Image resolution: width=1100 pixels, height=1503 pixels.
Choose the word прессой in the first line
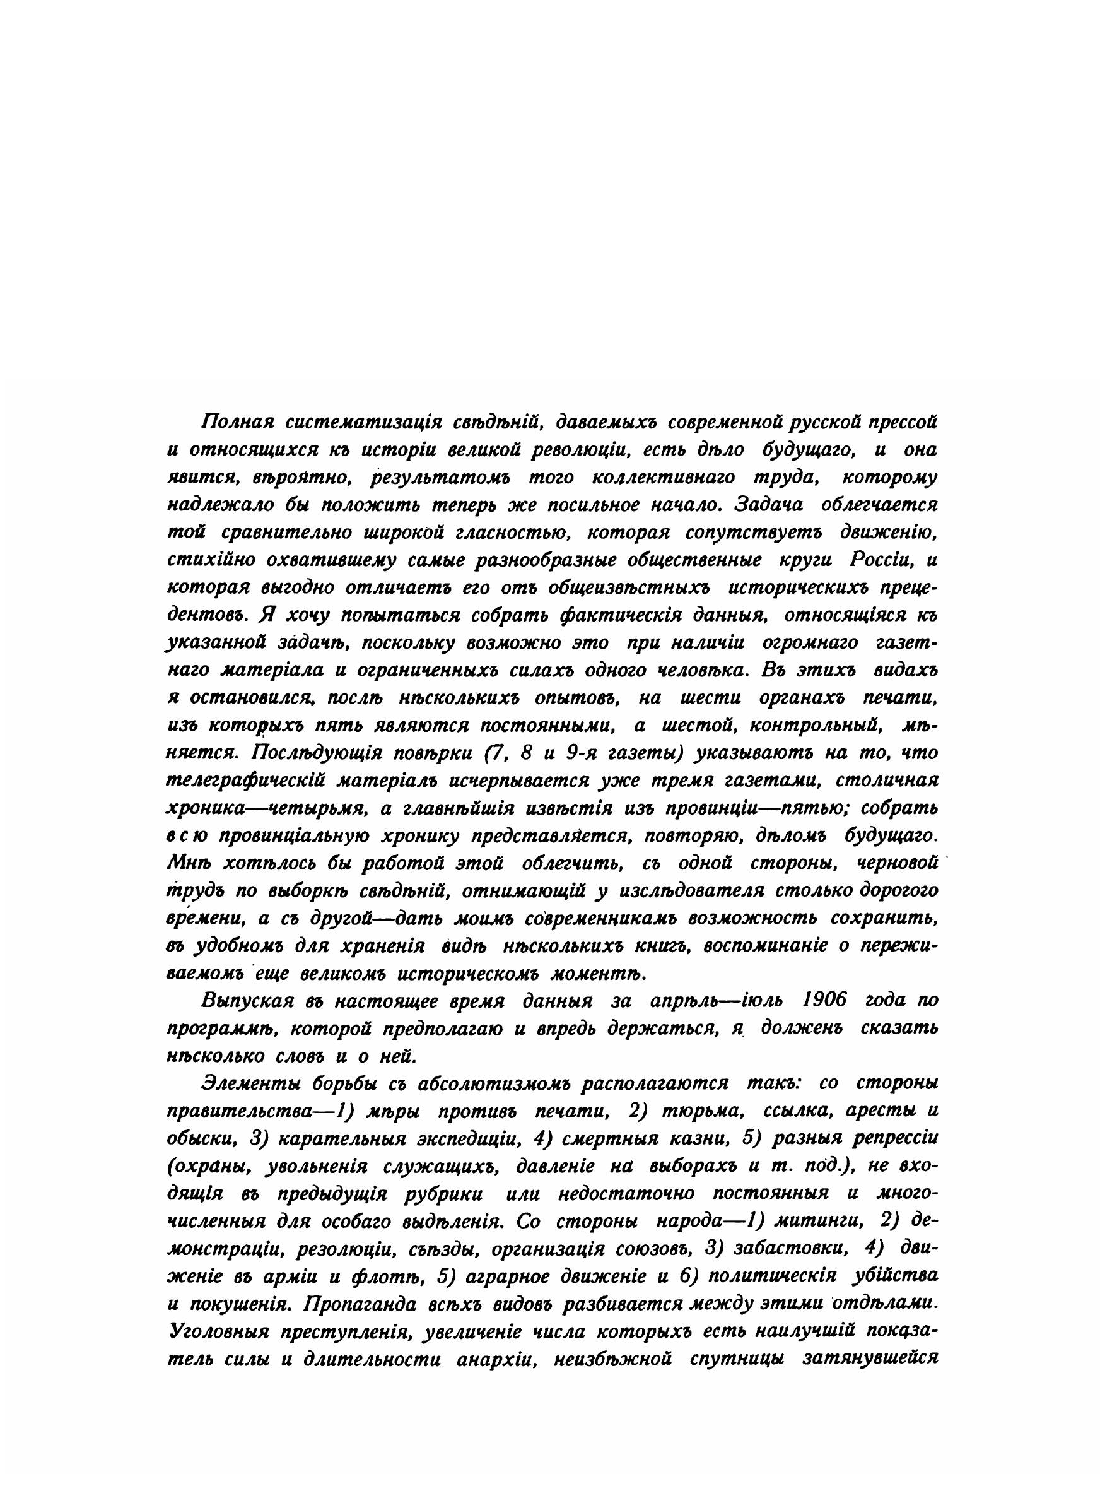tap(901, 422)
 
